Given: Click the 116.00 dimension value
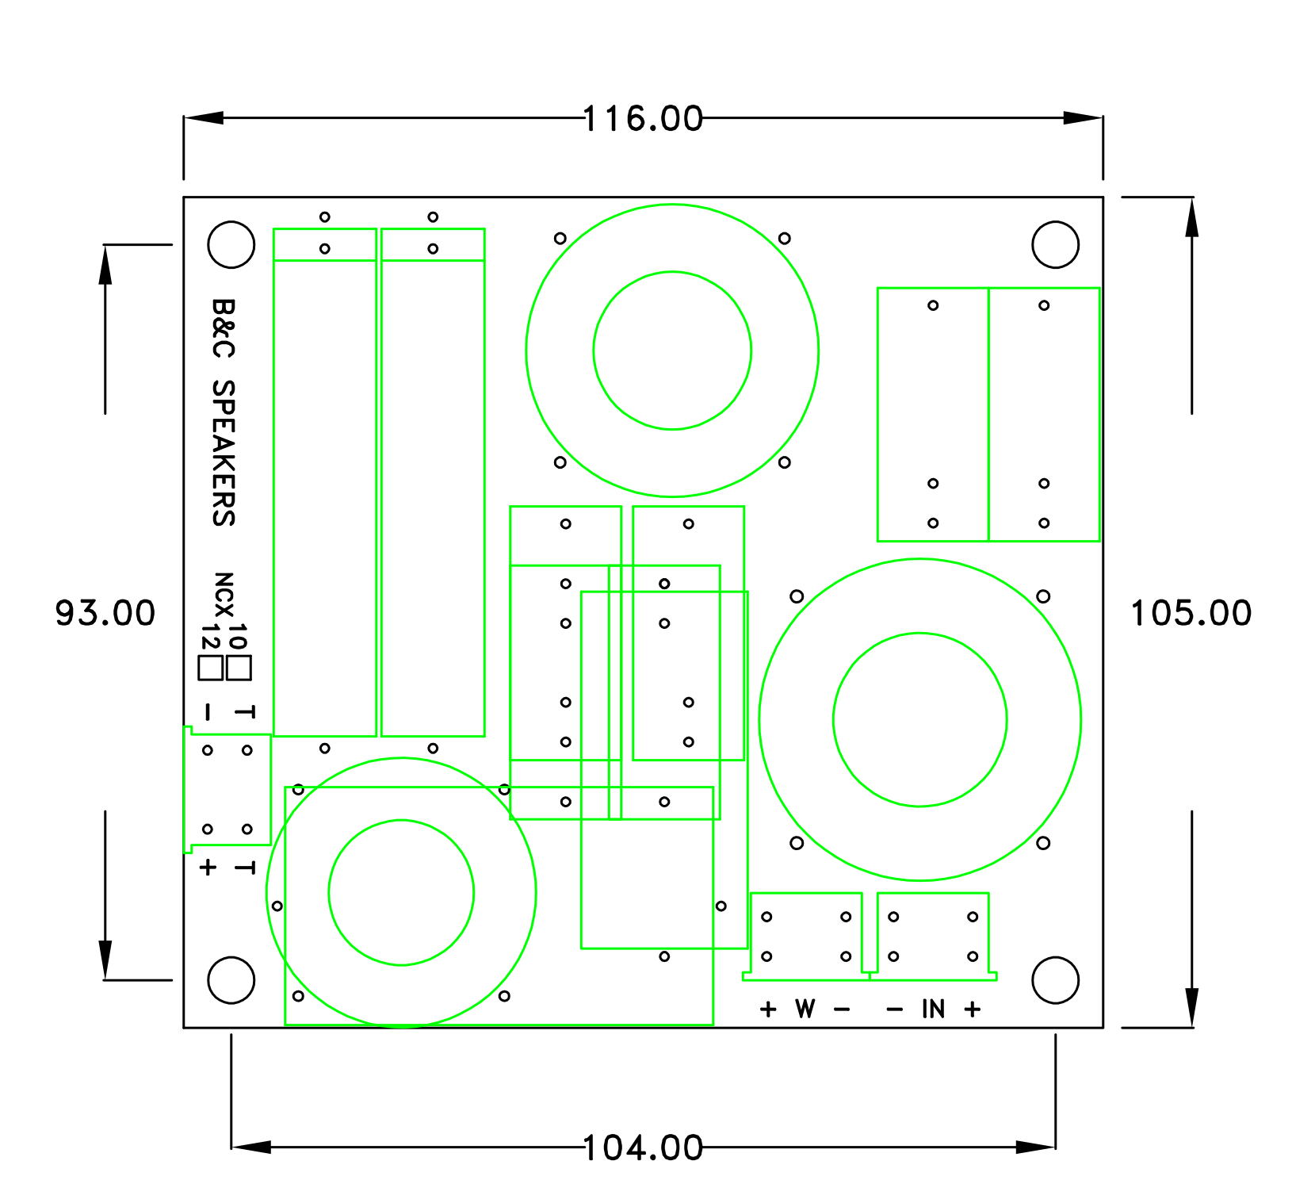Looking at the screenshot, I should [643, 119].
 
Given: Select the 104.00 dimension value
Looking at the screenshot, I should [643, 1148].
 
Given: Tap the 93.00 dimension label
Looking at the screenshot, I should [105, 613].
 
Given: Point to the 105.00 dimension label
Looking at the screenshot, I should [1191, 613].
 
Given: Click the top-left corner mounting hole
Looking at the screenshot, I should [231, 244].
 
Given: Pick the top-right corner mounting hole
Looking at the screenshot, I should [1055, 244].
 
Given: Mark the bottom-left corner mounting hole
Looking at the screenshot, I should [231, 980].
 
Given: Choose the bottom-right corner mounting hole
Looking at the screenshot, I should [1055, 980].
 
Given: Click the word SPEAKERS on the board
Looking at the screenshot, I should [224, 453].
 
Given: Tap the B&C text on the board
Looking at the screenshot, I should [224, 328].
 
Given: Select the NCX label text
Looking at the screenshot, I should [224, 594].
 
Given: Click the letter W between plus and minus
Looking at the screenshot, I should [805, 1009].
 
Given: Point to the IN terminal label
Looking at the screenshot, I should [933, 1009].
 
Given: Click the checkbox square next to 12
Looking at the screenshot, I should [211, 668].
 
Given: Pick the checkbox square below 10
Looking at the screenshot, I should [239, 668].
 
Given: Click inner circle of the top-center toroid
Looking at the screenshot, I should [672, 351].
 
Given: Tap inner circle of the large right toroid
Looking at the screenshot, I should [919, 719].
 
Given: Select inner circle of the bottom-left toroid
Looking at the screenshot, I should [401, 892].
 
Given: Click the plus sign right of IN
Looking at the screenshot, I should [973, 1009].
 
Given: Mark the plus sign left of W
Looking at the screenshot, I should [767, 1009].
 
